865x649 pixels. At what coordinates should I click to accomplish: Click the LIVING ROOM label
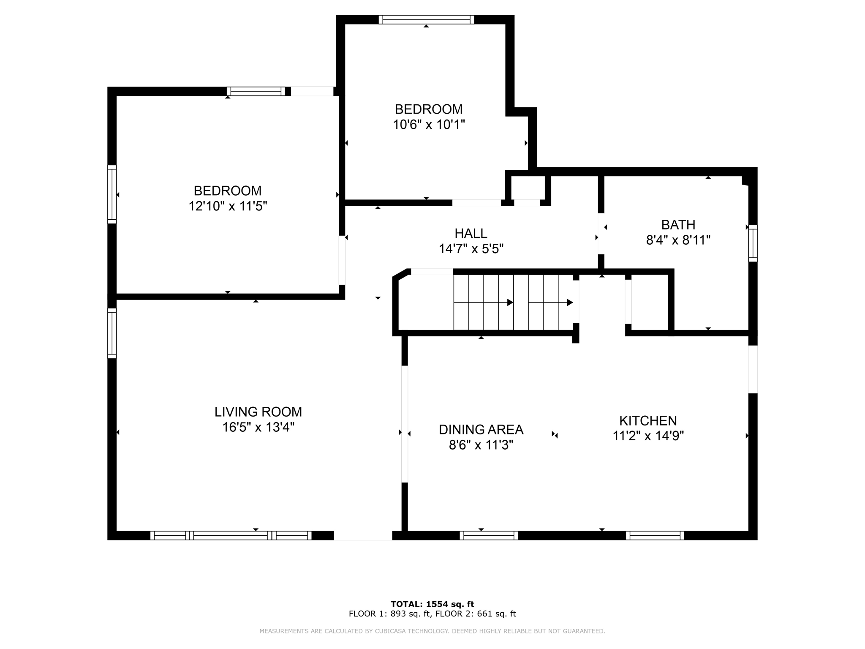(x=258, y=412)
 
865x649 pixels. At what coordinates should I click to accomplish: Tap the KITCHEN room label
(x=648, y=420)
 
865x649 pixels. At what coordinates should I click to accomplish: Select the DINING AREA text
(x=481, y=429)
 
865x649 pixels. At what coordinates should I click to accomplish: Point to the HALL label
(x=471, y=233)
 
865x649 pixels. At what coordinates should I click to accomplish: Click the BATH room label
(x=678, y=224)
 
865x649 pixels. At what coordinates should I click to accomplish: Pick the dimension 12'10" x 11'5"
(x=228, y=206)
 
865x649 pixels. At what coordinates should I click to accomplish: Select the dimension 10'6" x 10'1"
(x=429, y=125)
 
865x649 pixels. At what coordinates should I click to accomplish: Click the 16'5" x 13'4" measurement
(x=258, y=427)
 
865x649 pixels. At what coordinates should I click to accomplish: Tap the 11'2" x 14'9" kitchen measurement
(x=648, y=436)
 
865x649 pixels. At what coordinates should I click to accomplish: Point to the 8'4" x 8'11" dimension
(x=678, y=240)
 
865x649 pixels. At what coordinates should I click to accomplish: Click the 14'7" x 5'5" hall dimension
(x=471, y=249)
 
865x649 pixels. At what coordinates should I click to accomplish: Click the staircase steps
(x=513, y=302)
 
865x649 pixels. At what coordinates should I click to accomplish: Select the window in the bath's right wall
(x=753, y=243)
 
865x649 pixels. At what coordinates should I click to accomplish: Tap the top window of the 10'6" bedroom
(x=426, y=19)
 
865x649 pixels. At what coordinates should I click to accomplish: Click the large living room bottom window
(x=231, y=535)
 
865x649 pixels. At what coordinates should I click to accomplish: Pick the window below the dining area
(x=489, y=535)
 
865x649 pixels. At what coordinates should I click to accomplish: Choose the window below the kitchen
(x=655, y=535)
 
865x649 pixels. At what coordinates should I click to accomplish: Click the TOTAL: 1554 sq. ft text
(x=432, y=604)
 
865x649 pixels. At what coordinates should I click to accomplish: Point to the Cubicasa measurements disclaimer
(x=432, y=631)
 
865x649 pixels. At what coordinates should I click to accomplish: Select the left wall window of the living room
(x=112, y=333)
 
